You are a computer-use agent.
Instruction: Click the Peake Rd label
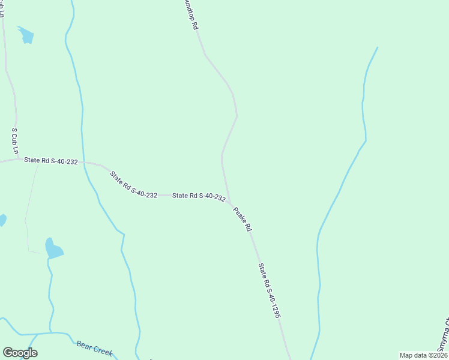tap(242, 219)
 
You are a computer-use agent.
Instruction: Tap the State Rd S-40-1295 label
tap(270, 290)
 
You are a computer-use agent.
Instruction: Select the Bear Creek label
tap(94, 348)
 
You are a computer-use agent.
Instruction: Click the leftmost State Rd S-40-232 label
tap(51, 161)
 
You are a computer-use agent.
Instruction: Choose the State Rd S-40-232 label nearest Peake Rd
tap(199, 196)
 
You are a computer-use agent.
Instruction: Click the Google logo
tap(20, 353)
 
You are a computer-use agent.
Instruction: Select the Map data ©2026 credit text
tap(423, 355)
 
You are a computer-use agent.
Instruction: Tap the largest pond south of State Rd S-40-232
tap(53, 248)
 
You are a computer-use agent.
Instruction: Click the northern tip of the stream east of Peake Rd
tap(378, 47)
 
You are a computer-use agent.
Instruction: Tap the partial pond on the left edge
tap(2, 220)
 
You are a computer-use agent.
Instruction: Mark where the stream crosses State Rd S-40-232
tap(84, 162)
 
